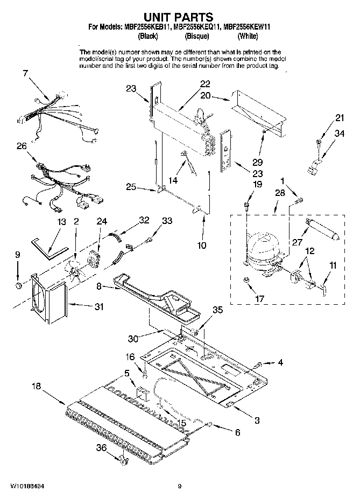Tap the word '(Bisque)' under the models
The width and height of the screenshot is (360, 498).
(197, 36)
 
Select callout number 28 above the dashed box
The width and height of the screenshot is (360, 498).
(279, 193)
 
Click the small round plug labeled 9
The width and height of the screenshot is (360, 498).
(18, 283)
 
